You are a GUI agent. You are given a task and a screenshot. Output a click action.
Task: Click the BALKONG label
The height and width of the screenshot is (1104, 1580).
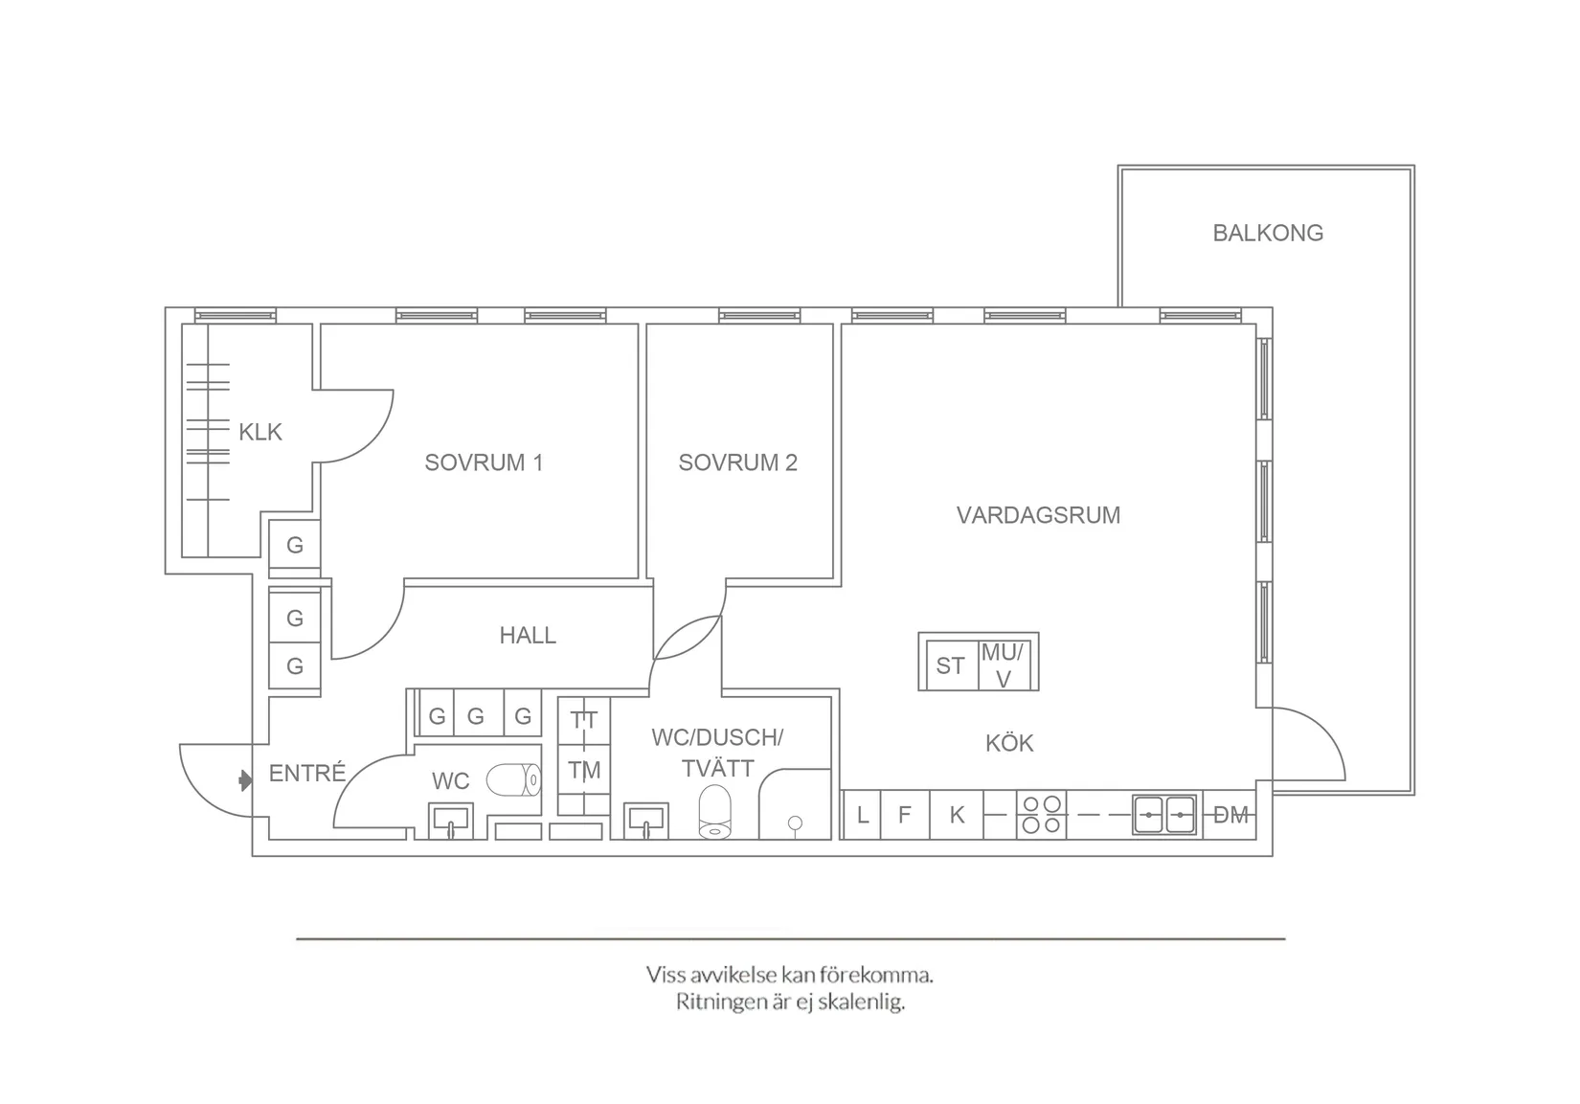[x=1267, y=233]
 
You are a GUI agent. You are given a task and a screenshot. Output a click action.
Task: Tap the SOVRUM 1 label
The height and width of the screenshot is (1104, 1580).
[x=484, y=462]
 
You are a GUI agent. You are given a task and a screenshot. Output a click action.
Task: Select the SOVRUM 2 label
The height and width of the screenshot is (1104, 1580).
[x=737, y=462]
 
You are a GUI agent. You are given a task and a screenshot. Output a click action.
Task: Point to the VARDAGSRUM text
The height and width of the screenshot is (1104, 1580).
[x=1038, y=515]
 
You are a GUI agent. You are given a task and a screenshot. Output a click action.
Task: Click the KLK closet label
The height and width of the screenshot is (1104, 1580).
[x=260, y=432]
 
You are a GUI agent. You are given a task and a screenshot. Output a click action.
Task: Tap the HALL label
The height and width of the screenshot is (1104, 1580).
[x=527, y=635]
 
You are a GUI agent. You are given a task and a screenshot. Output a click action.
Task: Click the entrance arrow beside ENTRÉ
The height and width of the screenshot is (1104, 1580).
[x=245, y=781]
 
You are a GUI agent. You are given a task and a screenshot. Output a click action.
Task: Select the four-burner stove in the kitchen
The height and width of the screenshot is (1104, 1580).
[x=1041, y=814]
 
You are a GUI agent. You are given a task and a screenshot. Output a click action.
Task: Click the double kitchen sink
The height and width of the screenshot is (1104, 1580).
[x=1164, y=815]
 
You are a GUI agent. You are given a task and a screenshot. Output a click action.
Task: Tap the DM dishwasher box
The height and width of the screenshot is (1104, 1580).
[x=1230, y=815]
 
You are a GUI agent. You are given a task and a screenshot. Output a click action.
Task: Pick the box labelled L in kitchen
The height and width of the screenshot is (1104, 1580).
[x=863, y=815]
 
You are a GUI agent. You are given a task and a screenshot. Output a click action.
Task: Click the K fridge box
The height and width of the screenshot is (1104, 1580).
[x=957, y=815]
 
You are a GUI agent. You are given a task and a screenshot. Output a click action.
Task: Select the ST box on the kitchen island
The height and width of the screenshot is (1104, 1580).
[x=950, y=665]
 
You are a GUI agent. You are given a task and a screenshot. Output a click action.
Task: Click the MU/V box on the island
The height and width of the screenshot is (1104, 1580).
[x=1004, y=665]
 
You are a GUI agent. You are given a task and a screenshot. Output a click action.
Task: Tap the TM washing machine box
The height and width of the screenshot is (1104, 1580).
[x=584, y=770]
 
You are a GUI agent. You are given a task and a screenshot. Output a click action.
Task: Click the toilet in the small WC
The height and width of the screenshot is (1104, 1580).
[x=514, y=780]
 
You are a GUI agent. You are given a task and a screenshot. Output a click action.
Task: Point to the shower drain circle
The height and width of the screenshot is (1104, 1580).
[x=795, y=822]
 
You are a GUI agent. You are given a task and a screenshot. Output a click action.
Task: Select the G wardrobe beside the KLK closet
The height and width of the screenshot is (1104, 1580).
[x=294, y=545]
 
